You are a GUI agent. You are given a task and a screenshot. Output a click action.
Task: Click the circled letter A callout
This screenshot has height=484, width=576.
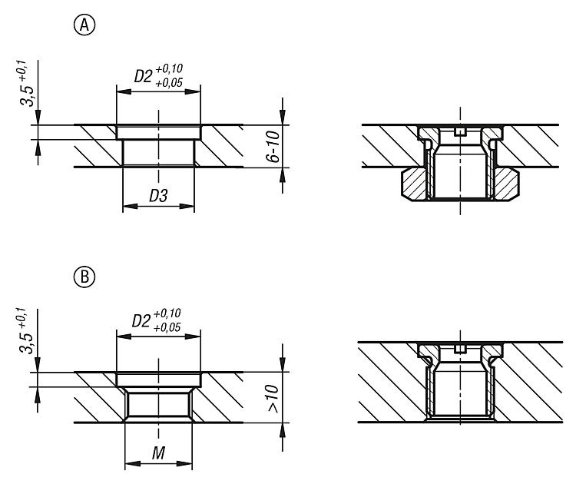pyautogui.click(x=84, y=25)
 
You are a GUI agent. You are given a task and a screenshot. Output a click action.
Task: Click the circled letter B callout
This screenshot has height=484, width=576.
pyautogui.click(x=84, y=277)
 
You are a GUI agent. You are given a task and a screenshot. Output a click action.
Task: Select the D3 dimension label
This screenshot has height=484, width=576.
pyautogui.click(x=158, y=196)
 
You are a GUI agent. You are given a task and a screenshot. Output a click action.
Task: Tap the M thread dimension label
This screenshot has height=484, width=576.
pyautogui.click(x=158, y=453)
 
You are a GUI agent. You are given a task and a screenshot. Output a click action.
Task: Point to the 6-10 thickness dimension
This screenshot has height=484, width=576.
pyautogui.click(x=273, y=147)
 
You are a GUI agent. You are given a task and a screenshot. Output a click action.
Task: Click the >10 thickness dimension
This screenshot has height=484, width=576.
pyautogui.click(x=273, y=399)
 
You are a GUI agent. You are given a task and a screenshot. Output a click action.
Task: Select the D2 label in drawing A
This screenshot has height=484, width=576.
pyautogui.click(x=143, y=76)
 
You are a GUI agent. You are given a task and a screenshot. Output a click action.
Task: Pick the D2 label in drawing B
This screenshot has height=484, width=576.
pyautogui.click(x=141, y=321)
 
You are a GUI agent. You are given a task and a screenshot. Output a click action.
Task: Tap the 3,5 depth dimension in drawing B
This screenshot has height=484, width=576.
pyautogui.click(x=26, y=343)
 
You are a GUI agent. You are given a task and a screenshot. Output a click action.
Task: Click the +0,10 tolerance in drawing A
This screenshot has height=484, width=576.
pyautogui.click(x=169, y=68)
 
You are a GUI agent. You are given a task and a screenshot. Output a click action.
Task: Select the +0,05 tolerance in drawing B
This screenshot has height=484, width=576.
pyautogui.click(x=167, y=327)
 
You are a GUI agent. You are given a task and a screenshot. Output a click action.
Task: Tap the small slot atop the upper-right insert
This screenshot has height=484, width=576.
pyautogui.click(x=460, y=131)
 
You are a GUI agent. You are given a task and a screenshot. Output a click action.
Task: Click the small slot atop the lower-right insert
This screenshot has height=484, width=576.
pyautogui.click(x=460, y=348)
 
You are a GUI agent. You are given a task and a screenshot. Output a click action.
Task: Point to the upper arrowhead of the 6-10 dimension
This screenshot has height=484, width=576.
pyautogui.click(x=282, y=117)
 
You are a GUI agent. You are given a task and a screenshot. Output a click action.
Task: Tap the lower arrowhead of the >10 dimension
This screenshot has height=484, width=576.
pyautogui.click(x=282, y=431)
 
